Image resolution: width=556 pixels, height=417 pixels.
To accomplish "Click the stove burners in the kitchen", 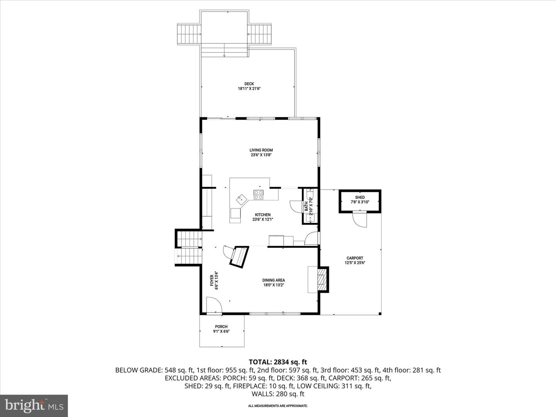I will [258, 195].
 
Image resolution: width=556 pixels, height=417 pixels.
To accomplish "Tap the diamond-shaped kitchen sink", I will [242, 200].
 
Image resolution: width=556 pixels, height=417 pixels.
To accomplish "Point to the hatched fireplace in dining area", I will [321, 279].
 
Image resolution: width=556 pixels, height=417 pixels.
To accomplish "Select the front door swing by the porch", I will [214, 305].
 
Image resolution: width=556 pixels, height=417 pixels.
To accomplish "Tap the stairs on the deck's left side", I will [189, 34].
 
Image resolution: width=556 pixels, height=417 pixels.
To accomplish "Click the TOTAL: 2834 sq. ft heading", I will [278, 362].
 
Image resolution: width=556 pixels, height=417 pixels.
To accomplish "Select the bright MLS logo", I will [34, 405].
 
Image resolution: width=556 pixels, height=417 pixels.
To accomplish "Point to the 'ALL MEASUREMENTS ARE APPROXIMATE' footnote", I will [278, 406].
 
